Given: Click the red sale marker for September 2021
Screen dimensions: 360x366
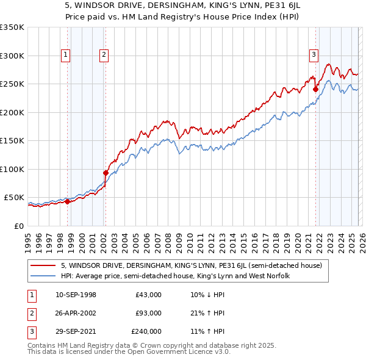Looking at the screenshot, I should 316,89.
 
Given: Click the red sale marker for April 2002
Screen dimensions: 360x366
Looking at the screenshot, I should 106,173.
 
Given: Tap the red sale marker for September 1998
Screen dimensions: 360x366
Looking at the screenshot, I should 67,201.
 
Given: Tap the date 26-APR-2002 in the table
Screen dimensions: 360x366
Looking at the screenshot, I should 76,313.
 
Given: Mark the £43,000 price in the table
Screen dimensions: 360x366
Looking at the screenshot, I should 148,295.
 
